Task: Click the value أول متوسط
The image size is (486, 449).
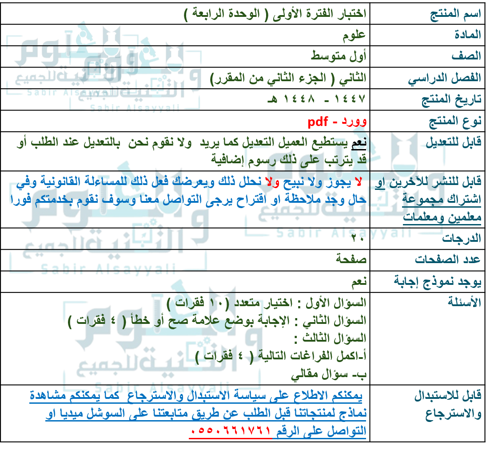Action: pyautogui.click(x=344, y=56)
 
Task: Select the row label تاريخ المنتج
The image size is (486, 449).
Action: pyautogui.click(x=451, y=99)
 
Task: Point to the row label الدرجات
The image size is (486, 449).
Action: pyautogui.click(x=466, y=239)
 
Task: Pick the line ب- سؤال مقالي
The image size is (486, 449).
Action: pyautogui.click(x=329, y=375)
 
